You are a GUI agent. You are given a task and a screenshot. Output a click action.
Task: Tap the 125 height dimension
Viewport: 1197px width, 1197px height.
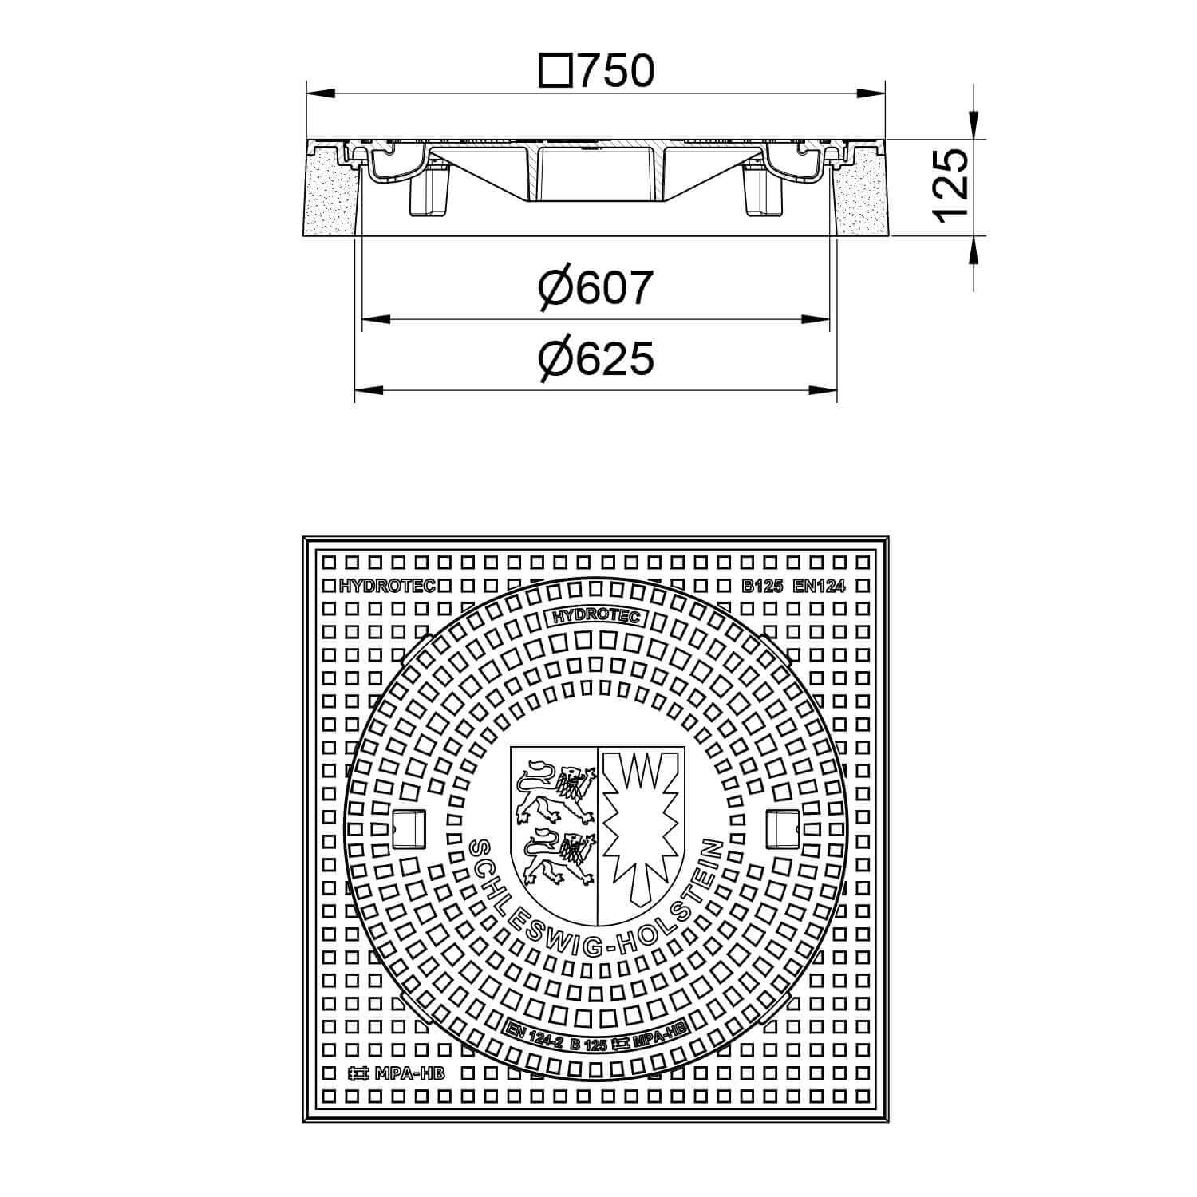point(951,185)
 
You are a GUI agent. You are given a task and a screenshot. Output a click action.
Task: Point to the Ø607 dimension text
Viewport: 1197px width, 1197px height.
point(595,287)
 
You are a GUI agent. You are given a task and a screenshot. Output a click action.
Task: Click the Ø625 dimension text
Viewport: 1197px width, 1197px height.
point(595,358)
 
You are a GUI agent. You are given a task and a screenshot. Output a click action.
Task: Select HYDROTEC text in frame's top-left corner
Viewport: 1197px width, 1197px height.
point(387,587)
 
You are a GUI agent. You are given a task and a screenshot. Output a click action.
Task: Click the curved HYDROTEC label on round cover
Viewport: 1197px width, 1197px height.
point(595,616)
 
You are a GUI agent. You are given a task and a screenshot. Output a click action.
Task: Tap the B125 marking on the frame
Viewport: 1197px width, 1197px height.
point(763,587)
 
